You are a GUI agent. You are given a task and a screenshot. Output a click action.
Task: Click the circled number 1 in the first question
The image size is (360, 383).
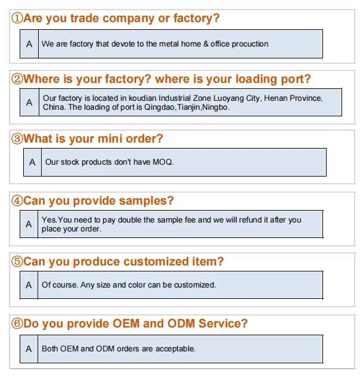click(17, 18)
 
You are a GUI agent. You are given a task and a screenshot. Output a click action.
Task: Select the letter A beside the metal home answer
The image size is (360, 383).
click(29, 44)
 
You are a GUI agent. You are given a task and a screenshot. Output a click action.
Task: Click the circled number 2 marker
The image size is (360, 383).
click(17, 79)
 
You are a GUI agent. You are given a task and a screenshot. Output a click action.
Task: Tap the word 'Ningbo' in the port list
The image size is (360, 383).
click(216, 108)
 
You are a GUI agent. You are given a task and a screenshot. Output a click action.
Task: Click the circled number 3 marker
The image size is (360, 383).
click(17, 139)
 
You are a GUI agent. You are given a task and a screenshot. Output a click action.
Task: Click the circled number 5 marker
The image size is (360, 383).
click(17, 262)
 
